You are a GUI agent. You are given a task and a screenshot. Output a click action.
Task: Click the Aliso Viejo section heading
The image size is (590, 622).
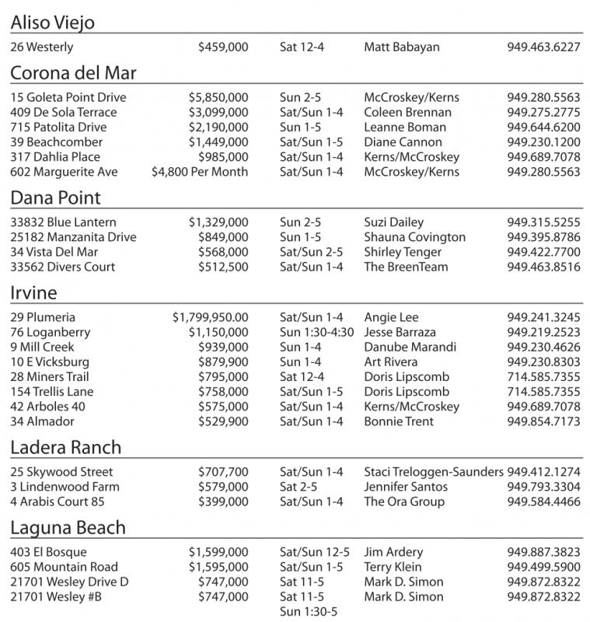pyautogui.click(x=53, y=23)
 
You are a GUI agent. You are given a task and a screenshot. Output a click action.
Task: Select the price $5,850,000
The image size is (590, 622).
pyautogui.click(x=218, y=98)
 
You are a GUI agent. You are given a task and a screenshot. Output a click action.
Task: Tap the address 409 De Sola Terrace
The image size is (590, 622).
pyautogui.click(x=64, y=113)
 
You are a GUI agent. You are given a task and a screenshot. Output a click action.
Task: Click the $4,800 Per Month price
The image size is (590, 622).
pyautogui.click(x=200, y=172)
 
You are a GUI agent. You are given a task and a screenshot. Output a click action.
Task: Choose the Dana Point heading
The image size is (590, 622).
pyautogui.click(x=55, y=197)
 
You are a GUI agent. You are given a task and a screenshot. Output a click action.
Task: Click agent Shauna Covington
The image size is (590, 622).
pyautogui.click(x=414, y=237)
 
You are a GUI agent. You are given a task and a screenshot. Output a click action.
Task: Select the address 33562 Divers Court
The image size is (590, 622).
pyautogui.click(x=63, y=267)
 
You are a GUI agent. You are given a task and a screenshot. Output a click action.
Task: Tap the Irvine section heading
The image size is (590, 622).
pyautogui.click(x=33, y=292)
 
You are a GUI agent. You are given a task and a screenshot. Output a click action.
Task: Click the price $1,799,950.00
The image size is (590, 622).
pyautogui.click(x=211, y=317)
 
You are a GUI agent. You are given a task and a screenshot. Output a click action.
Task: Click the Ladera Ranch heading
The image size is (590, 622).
pyautogui.click(x=66, y=447)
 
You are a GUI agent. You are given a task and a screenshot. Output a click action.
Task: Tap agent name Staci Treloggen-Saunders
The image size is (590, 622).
pyautogui.click(x=434, y=472)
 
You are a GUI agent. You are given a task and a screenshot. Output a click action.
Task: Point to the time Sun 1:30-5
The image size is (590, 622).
pyautogui.click(x=309, y=612)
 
